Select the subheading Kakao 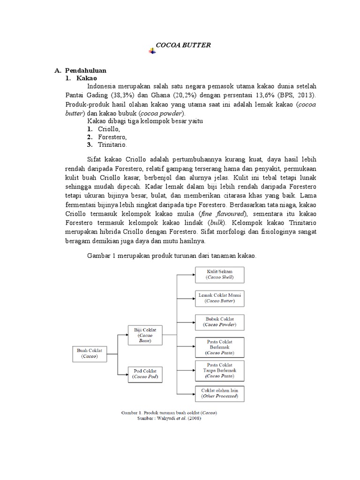(86, 78)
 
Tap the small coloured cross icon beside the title (152, 51)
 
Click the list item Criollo (109, 129)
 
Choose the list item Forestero (112, 137)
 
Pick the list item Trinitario (112, 144)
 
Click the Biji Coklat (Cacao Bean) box (145, 335)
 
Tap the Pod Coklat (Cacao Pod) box (145, 373)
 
